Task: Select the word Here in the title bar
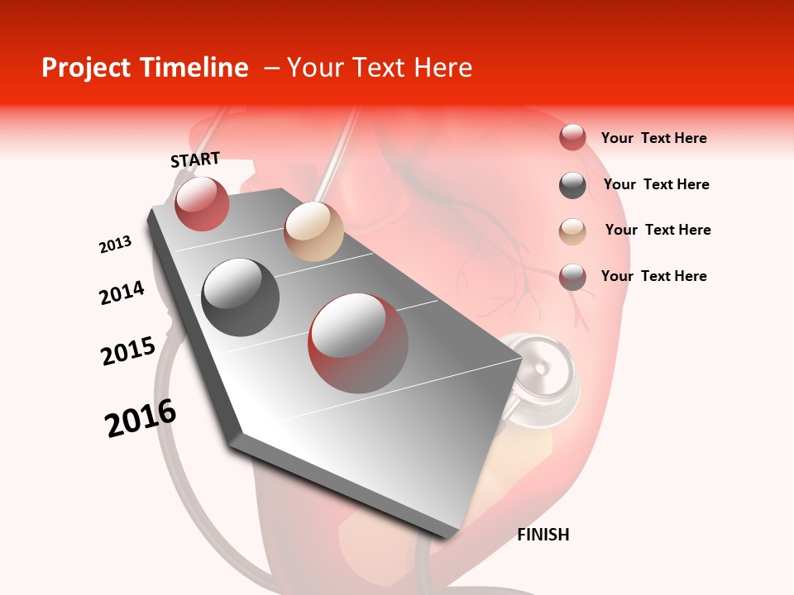point(442,68)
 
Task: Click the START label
point(195,159)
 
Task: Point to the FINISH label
point(543,535)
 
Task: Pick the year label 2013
point(115,245)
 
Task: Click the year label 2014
point(122,293)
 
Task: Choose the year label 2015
point(127,351)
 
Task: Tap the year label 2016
point(141,418)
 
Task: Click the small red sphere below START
point(202,203)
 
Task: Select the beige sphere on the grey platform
point(313,231)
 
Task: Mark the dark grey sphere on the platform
point(241,297)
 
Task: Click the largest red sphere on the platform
point(358,343)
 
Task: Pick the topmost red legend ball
point(572,138)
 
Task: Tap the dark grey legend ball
point(572,185)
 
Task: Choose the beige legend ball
point(572,231)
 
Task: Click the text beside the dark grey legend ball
point(656,184)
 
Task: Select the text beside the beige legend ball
point(658,230)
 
